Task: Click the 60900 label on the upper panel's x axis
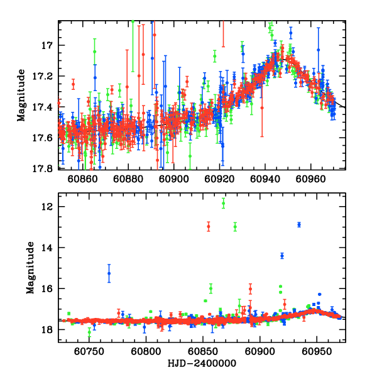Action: [x=173, y=178]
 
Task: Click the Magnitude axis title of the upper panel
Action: [x=21, y=94]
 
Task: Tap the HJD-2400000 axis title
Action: [x=202, y=363]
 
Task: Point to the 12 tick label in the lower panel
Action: [x=48, y=207]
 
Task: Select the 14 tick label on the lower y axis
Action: [x=48, y=248]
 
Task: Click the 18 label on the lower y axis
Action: [x=48, y=329]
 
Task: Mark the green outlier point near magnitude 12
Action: [x=223, y=203]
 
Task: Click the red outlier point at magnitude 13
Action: [x=209, y=226]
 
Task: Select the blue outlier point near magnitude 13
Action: [x=299, y=224]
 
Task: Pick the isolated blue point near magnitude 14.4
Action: [x=282, y=256]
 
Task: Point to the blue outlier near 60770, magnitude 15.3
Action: [x=109, y=273]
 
